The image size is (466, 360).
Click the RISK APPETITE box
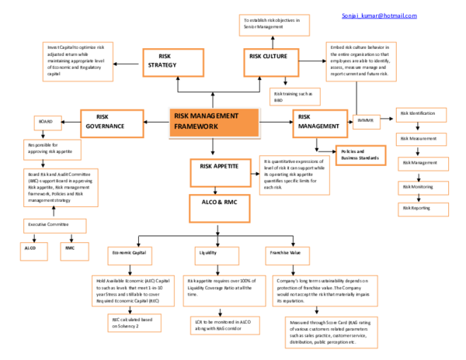(x=219, y=168)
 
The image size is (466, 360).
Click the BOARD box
(x=46, y=122)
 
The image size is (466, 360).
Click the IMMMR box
(x=365, y=121)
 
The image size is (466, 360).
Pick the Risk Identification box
(x=422, y=114)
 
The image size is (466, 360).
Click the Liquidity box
(x=208, y=252)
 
